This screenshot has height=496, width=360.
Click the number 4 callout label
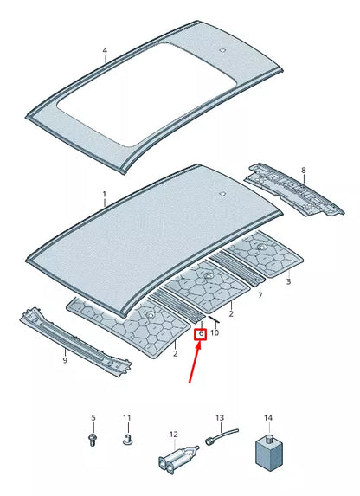(x=105, y=50)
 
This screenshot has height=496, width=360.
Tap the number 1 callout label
(x=104, y=195)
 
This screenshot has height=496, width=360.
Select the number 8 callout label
(x=303, y=171)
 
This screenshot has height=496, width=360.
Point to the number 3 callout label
(x=288, y=281)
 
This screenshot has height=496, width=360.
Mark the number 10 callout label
(x=215, y=332)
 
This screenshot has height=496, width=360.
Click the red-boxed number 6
(x=200, y=332)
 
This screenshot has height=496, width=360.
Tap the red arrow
(x=195, y=364)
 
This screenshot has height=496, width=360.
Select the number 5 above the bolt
(x=93, y=419)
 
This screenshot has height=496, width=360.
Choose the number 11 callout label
(x=127, y=419)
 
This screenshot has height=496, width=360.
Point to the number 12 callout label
(x=173, y=435)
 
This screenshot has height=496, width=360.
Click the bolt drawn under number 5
(x=93, y=440)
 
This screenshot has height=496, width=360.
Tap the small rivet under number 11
(x=127, y=441)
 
